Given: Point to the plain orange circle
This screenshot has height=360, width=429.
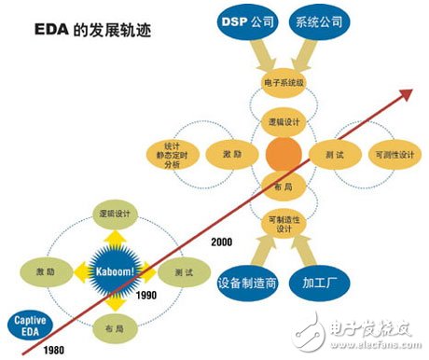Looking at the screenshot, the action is [x=283, y=155].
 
